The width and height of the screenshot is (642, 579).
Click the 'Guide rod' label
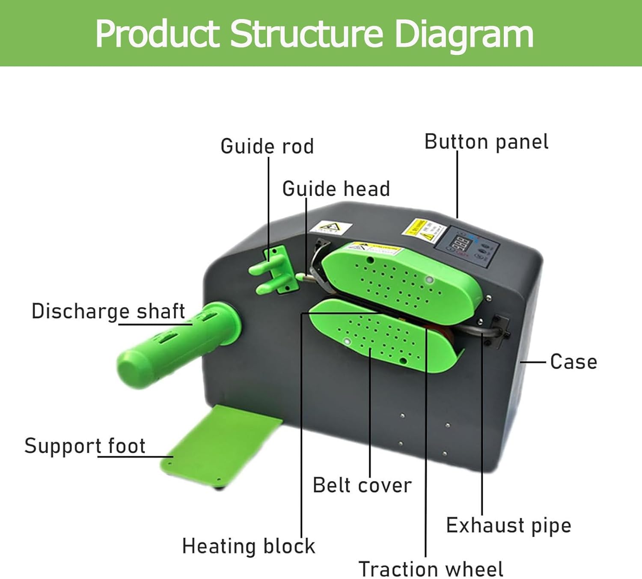click(x=267, y=146)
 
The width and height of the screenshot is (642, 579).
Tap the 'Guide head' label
click(x=336, y=189)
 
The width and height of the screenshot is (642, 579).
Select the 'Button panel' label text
click(x=486, y=142)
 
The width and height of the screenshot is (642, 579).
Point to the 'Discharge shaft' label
click(x=108, y=311)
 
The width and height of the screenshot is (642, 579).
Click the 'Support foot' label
click(x=85, y=446)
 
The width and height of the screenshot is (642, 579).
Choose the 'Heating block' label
click(x=248, y=546)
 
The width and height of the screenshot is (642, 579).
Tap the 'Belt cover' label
click(x=362, y=485)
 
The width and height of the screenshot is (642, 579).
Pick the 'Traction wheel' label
click(x=431, y=569)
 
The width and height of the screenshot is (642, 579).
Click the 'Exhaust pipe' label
click(x=508, y=525)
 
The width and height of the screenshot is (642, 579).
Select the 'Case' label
click(x=574, y=361)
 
